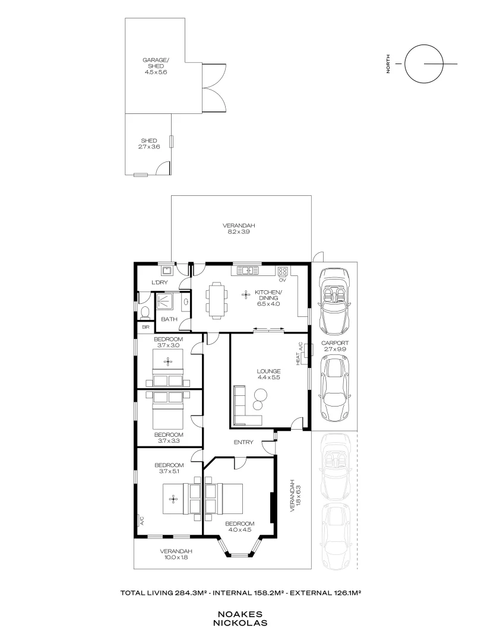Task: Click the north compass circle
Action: point(423,64)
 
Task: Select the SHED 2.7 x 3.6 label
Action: point(149,144)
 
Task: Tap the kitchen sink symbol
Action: point(245,271)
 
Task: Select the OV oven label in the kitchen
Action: point(283,280)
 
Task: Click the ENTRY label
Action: point(243,442)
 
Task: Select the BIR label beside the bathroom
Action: point(145,327)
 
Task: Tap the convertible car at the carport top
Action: point(334,302)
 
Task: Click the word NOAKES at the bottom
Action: point(242,615)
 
